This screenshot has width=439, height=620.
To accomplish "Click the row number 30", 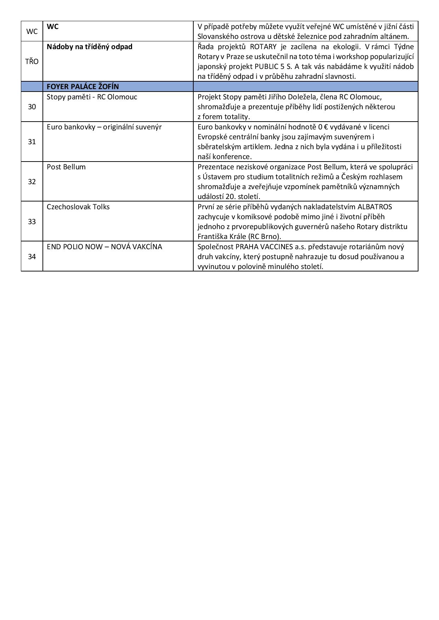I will (x=32, y=107).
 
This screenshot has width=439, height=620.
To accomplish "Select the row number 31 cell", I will (x=32, y=142).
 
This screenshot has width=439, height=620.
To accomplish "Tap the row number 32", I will (x=32, y=182).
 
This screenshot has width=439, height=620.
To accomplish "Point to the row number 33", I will (x=32, y=222).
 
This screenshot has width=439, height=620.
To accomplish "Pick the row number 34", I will (x=32, y=257).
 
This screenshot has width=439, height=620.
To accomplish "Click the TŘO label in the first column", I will (x=32, y=62).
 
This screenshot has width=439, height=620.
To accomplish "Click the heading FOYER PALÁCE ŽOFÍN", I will (x=83, y=87).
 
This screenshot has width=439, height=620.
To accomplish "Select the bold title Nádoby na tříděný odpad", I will (x=90, y=47).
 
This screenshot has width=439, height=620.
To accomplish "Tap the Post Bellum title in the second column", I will (x=66, y=167).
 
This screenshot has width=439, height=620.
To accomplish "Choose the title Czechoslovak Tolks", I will (x=78, y=207).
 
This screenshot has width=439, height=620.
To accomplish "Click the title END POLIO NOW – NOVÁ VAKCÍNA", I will (x=104, y=247).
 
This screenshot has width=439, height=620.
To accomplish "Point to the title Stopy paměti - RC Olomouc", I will (x=92, y=97).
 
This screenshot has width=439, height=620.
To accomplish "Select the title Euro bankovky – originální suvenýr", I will (x=104, y=127).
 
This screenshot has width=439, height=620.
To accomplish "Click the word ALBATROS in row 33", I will (x=375, y=207).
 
